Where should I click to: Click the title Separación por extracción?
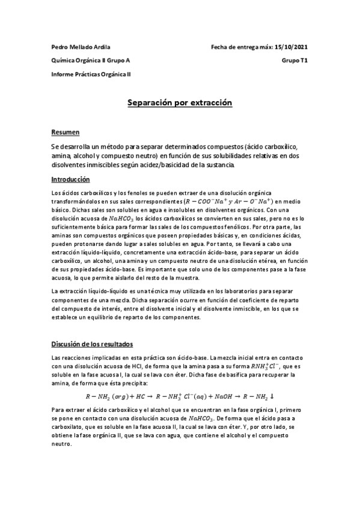(x=180, y=103)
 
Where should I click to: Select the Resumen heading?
(x=66, y=132)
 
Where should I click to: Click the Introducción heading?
(x=70, y=179)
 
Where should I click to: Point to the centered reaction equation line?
(x=180, y=396)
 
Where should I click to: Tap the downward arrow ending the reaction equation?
(x=272, y=396)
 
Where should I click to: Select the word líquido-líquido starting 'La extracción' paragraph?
(x=100, y=292)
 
